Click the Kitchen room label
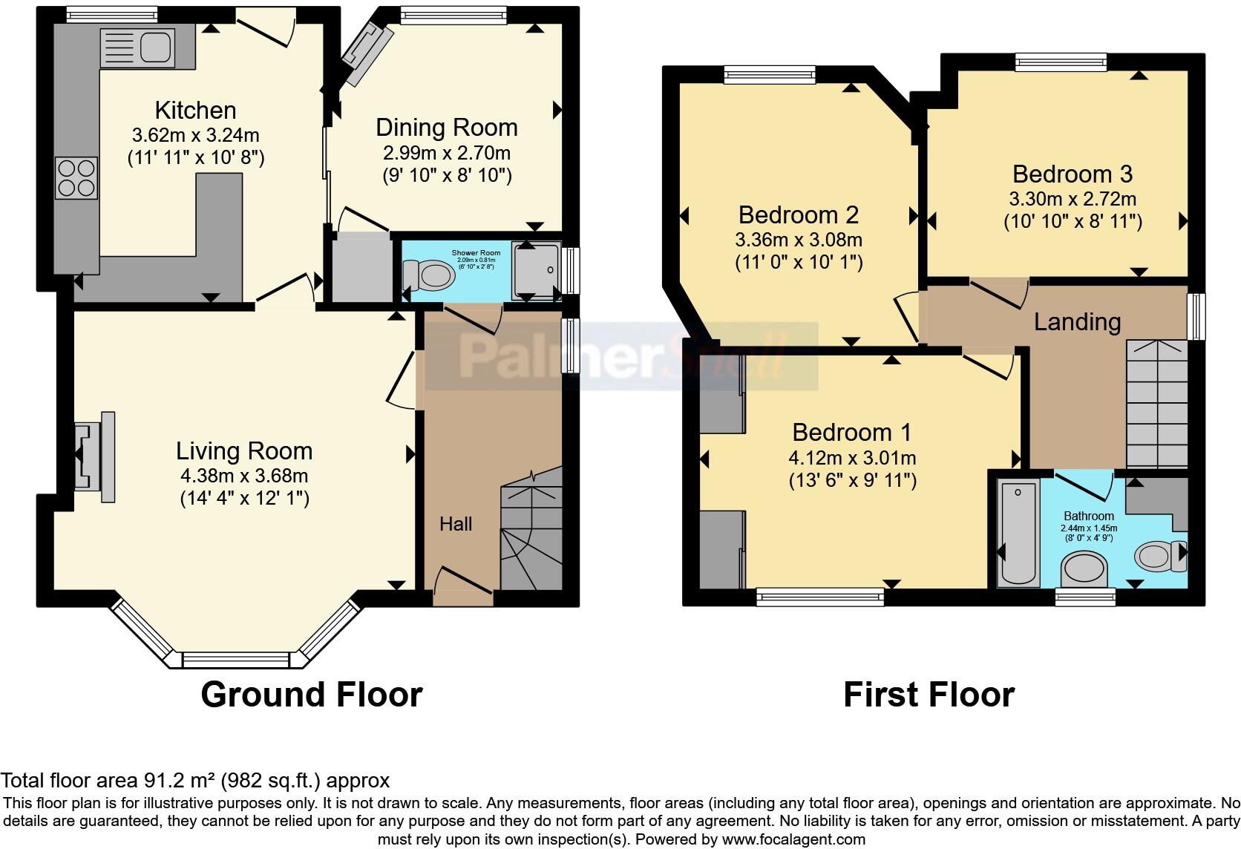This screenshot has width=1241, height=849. coord(195,111)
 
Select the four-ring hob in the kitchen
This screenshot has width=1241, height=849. coord(76,178)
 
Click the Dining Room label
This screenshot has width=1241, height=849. coord(446,128)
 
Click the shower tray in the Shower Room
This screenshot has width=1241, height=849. coord(536,271)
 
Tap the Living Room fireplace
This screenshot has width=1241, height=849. coord(94,451)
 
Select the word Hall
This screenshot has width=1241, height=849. coord(455,524)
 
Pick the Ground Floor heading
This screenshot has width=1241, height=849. coord(311,695)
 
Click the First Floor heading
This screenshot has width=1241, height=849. coord(928,695)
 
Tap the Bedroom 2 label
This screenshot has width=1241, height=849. coord(798,215)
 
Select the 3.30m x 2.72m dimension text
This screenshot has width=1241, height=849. coord(1072,199)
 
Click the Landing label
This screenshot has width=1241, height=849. coord(1076,322)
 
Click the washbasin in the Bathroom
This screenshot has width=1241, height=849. coord(1085,572)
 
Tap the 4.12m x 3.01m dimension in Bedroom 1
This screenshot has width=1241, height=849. coord(851,458)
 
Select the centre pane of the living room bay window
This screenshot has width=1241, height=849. coord(236,659)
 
